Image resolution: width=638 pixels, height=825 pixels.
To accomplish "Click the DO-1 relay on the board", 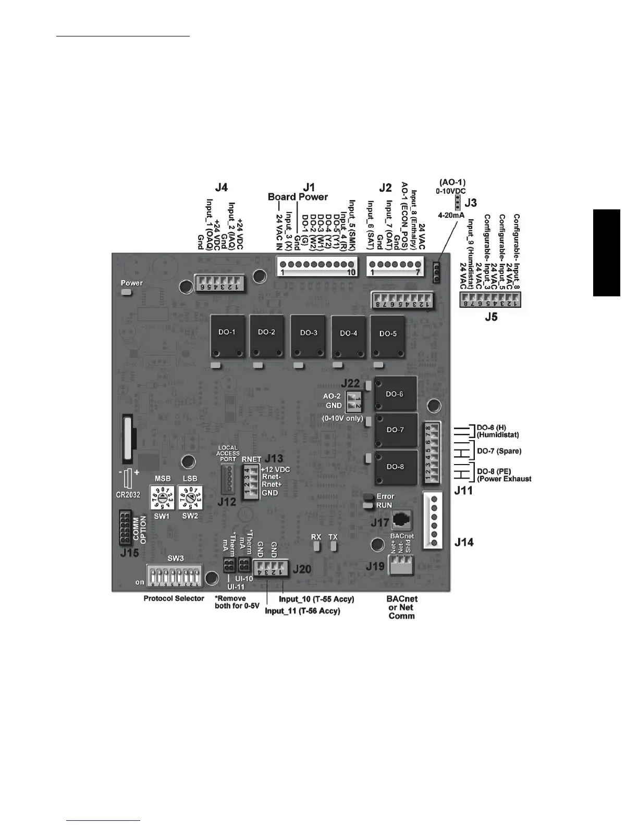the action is (227, 336).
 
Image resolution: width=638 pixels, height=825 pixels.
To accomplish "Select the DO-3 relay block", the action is (309, 336).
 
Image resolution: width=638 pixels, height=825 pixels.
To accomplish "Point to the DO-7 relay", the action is (396, 430).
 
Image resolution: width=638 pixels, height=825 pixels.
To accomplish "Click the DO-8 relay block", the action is (396, 467).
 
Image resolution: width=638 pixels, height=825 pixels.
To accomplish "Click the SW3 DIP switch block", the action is (176, 577).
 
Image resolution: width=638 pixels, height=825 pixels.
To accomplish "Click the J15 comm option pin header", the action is (125, 528).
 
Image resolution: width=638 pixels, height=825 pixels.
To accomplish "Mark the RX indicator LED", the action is (316, 546).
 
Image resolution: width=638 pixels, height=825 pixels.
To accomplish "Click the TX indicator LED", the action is (334, 546).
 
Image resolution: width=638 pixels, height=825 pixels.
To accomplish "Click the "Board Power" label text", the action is (298, 197).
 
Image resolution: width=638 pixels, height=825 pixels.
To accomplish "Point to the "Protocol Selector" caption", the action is (174, 598).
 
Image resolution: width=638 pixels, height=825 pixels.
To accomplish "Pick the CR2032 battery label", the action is (128, 494).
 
